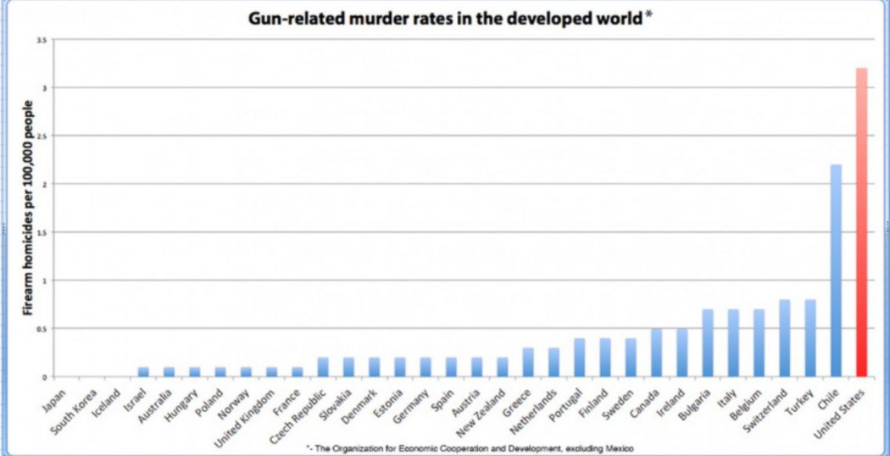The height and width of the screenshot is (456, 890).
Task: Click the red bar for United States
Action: (861, 222)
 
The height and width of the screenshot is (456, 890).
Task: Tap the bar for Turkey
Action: (810, 338)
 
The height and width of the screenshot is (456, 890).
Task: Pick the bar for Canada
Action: (656, 352)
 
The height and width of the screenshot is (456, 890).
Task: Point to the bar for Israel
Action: (143, 371)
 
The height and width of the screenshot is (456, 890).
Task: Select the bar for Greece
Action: (528, 362)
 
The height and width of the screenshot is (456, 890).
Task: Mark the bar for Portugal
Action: (579, 357)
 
